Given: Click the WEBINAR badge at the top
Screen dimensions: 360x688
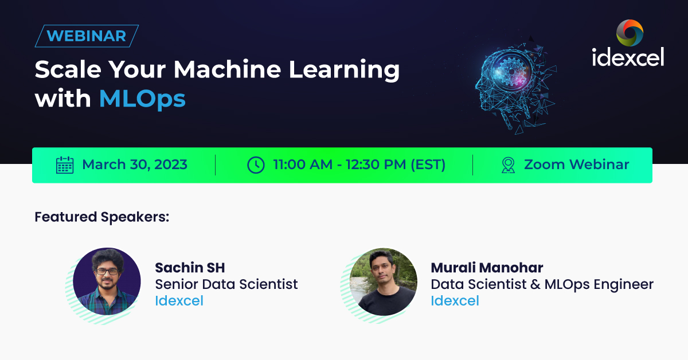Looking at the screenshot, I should [x=87, y=36].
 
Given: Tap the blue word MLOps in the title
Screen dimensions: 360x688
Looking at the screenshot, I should [x=142, y=99].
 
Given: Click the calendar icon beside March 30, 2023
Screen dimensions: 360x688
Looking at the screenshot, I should [x=65, y=165].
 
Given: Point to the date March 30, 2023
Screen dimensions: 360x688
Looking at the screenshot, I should [x=135, y=165].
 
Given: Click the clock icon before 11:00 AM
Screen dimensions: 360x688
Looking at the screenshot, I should [x=256, y=165].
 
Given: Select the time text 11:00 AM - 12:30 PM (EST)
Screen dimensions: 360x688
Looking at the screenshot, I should [x=359, y=165].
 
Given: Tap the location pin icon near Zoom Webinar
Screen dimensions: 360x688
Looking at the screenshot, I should [x=508, y=165].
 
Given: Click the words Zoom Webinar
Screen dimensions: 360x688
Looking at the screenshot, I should [x=576, y=165].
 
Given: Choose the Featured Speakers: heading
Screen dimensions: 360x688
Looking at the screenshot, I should [x=102, y=217].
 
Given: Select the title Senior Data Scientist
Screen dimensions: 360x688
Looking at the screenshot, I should [x=226, y=284].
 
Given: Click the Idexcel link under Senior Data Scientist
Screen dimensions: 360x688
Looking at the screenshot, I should [x=179, y=301].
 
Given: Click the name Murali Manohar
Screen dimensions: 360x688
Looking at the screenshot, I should [x=487, y=268].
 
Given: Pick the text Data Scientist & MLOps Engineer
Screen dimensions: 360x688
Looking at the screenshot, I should [x=542, y=284].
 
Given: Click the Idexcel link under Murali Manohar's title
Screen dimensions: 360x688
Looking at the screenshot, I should [x=455, y=301].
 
